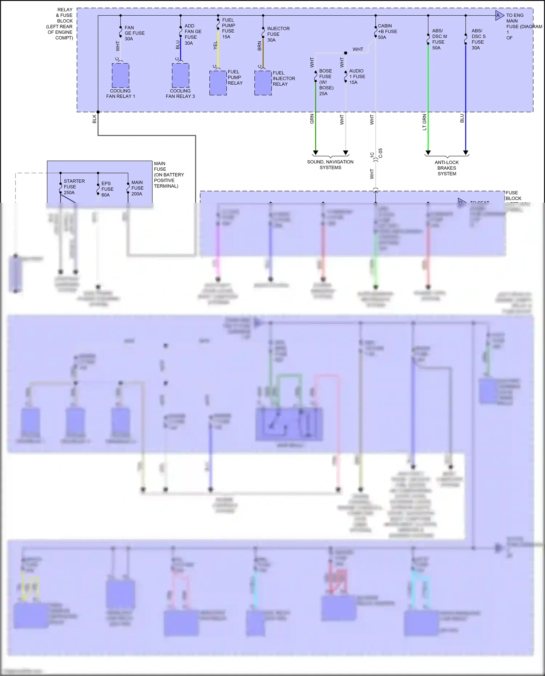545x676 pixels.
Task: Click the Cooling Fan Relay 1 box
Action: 120,76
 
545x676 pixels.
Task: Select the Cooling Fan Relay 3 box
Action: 181,76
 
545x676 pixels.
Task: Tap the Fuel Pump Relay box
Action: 218,83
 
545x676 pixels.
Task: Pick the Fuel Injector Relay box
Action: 263,83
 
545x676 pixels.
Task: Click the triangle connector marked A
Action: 499,16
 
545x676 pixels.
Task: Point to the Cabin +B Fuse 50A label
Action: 387,32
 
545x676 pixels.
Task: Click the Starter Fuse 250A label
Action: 74,187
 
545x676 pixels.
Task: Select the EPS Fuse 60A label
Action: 107,189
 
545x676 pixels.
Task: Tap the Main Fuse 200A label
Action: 137,188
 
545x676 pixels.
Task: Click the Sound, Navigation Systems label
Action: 330,165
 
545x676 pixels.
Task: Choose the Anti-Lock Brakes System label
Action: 447,168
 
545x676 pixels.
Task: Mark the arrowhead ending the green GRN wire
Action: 315,153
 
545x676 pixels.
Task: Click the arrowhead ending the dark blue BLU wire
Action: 465,153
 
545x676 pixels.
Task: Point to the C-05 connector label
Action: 380,153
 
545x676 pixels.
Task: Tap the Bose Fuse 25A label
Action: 326,82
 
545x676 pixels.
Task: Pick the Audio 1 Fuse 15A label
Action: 357,77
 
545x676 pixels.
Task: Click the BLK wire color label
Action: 94,119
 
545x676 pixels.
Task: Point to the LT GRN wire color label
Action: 424,122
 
